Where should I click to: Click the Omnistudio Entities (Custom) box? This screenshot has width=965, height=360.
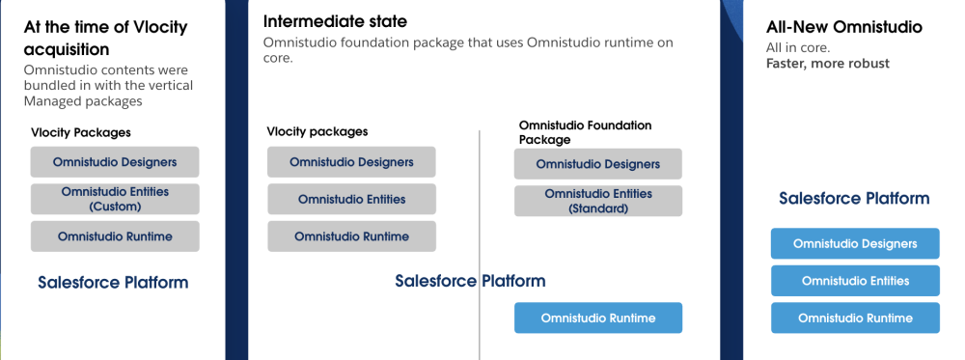(x=115, y=199)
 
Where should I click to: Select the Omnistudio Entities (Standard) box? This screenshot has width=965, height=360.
(x=597, y=201)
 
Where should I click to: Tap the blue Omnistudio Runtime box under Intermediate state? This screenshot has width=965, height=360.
(x=597, y=318)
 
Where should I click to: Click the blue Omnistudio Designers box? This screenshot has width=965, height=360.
(x=854, y=243)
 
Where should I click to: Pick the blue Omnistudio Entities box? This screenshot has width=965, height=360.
(x=854, y=281)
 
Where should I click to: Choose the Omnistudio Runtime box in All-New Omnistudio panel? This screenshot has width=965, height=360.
(x=854, y=318)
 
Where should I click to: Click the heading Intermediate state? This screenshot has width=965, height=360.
(x=335, y=21)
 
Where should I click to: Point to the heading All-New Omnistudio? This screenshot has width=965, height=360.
(x=843, y=27)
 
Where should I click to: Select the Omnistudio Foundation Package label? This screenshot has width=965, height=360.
(x=585, y=132)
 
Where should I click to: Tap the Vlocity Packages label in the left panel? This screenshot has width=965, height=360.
(x=81, y=132)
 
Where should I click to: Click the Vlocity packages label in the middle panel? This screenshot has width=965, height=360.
(x=317, y=131)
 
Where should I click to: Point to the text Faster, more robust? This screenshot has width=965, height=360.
(x=827, y=64)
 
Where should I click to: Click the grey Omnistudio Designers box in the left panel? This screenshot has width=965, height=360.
(x=115, y=161)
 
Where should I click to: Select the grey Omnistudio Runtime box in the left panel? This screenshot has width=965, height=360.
(x=115, y=236)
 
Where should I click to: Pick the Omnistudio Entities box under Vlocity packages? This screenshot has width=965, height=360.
(x=351, y=199)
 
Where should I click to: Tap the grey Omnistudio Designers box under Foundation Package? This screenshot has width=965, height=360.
(x=597, y=164)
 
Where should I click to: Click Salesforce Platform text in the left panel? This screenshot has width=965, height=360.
(x=113, y=283)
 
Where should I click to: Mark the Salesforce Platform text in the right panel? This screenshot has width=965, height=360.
(x=854, y=199)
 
